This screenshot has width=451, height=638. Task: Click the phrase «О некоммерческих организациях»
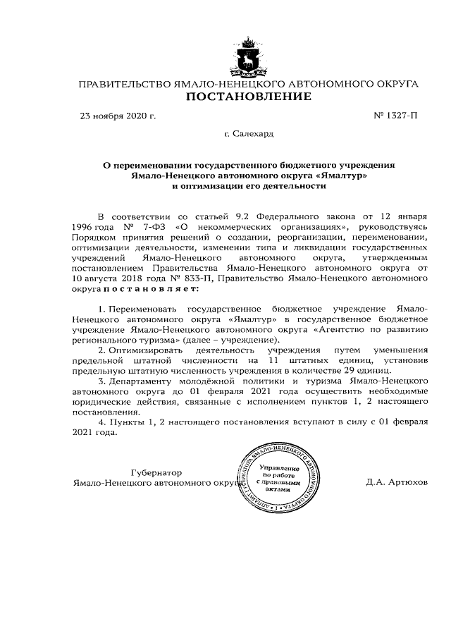click(x=263, y=228)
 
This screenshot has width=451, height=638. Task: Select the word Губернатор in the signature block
click(x=156, y=472)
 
